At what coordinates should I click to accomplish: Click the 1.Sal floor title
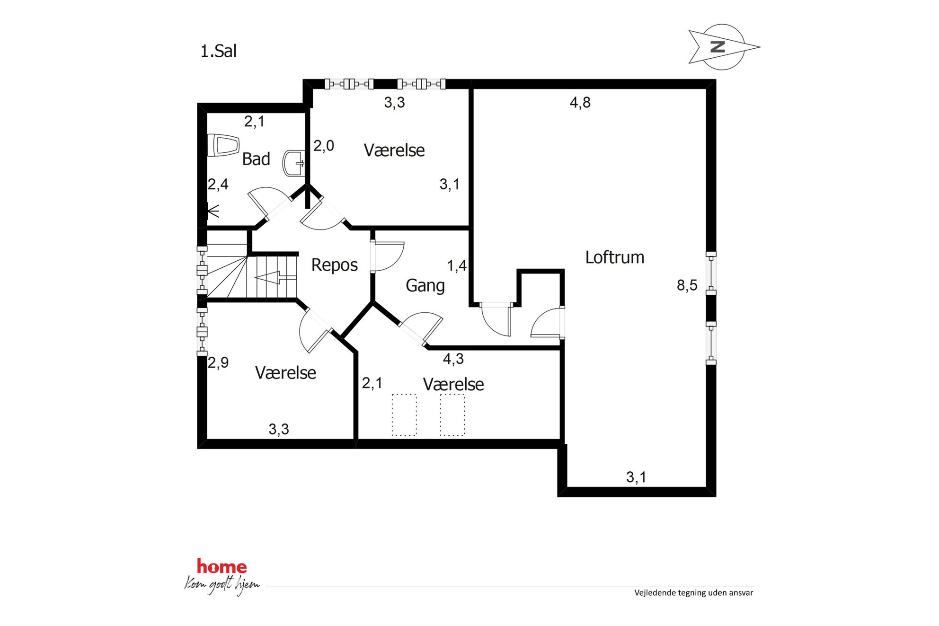(218, 51)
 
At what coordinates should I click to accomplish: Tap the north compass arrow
(724, 47)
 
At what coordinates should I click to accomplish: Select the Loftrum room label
(615, 257)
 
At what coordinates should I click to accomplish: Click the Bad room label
(256, 159)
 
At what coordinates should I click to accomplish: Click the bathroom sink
(293, 163)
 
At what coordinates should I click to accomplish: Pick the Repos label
(334, 265)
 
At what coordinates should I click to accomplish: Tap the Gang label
(425, 286)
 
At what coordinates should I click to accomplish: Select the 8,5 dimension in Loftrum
(687, 285)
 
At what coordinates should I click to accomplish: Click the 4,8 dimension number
(580, 103)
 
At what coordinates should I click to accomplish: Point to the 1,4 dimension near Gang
(457, 266)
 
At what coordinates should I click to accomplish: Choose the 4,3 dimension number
(453, 359)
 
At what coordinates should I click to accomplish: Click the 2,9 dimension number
(218, 363)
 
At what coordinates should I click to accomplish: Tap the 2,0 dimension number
(324, 146)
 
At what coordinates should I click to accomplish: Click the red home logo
(221, 566)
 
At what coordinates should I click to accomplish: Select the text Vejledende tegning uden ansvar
(693, 593)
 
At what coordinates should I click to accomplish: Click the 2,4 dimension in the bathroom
(218, 185)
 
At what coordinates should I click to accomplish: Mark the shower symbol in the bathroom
(213, 211)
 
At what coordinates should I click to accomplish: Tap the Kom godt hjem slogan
(222, 585)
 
